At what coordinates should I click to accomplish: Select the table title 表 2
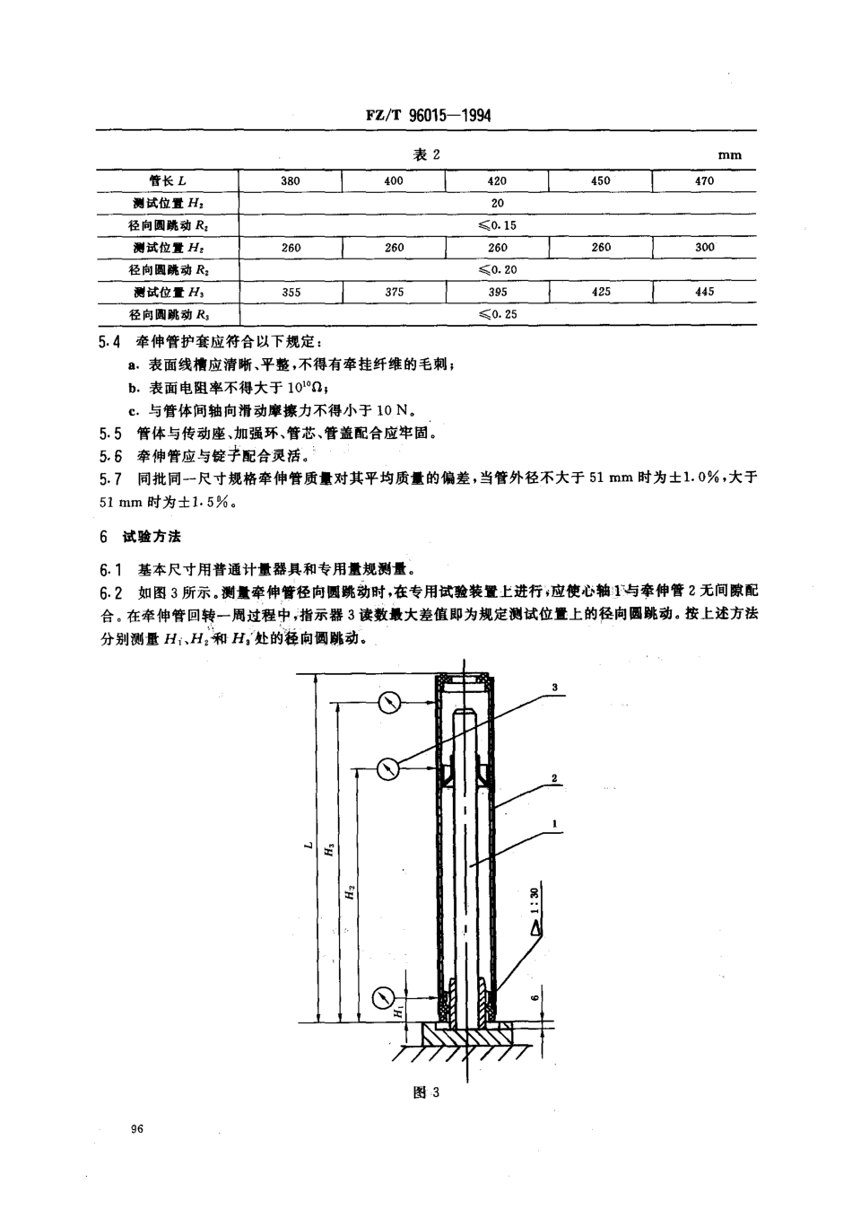pos(426,154)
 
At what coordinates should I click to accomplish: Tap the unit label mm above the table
pos(730,155)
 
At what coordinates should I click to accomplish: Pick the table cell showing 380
pos(291,180)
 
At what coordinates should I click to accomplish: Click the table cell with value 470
pos(704,180)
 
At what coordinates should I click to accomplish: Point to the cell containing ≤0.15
pos(498,225)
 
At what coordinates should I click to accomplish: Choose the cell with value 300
pos(704,247)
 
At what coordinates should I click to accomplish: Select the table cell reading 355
pos(291,292)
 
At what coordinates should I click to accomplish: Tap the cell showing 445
pos(704,292)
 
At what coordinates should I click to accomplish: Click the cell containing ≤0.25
pos(498,314)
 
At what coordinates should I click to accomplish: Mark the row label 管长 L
pos(168,180)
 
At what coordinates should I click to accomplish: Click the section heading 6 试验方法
pos(140,536)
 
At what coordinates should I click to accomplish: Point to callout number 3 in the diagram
pos(555,688)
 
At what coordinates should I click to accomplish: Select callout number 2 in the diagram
pos(556,778)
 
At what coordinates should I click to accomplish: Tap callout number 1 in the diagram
pos(556,824)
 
